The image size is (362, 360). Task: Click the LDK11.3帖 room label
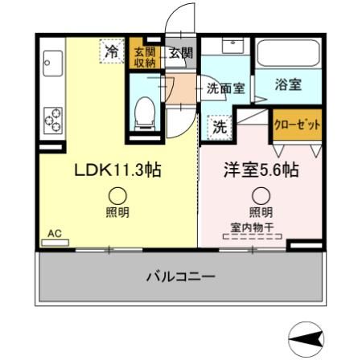tap(117, 171)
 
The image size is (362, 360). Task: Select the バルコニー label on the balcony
tap(180, 277)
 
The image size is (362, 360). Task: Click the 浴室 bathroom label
tap(288, 84)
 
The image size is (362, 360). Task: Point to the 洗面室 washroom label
tap(226, 88)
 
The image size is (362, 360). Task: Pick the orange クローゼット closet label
tap(298, 125)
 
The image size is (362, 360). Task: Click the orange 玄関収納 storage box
tap(145, 53)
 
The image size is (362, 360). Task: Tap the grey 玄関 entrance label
tap(180, 53)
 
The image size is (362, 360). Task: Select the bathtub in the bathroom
tap(289, 55)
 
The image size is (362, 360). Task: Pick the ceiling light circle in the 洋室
tap(261, 195)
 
